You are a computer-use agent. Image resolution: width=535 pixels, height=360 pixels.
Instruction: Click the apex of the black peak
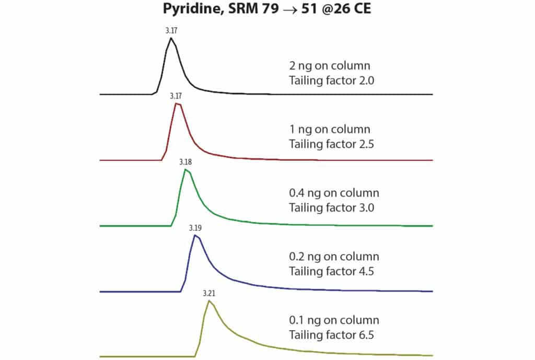click(170, 38)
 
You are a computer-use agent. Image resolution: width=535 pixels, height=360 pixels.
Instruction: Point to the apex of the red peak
click(178, 104)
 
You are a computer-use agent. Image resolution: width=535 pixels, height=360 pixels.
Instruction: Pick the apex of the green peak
click(185, 169)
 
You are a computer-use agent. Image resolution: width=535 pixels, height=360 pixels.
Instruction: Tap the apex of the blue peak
click(194, 235)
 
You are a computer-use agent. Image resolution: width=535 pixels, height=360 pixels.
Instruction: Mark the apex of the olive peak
click(209, 300)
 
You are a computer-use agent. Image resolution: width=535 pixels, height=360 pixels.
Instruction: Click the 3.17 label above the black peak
click(170, 30)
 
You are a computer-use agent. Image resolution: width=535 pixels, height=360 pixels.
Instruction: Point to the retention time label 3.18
click(185, 162)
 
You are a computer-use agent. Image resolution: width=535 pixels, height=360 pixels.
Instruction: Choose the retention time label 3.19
click(195, 228)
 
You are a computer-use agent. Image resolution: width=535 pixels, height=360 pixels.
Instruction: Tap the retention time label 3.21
click(209, 293)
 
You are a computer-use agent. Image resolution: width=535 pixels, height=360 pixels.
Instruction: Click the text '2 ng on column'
click(329, 66)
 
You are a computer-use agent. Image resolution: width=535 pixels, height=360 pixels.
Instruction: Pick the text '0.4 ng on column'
click(334, 193)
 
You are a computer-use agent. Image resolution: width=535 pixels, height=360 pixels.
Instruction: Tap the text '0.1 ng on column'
click(334, 320)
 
